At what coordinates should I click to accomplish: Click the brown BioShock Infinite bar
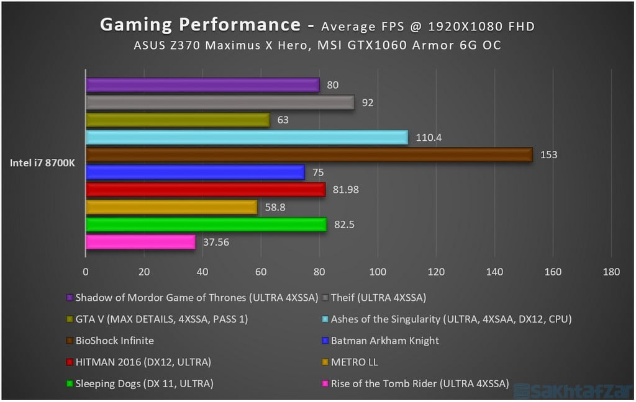309,154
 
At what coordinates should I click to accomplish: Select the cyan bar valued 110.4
247,137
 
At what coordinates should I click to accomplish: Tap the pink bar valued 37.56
140,242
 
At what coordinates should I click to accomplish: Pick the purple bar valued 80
202,85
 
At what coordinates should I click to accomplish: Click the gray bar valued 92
220,102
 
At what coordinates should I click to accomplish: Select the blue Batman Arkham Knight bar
195,172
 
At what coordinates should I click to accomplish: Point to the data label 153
548,155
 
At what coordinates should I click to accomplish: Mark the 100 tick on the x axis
378,272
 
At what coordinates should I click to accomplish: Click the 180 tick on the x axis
611,272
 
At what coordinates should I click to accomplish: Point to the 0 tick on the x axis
86,272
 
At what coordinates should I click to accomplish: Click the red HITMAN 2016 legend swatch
69,362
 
